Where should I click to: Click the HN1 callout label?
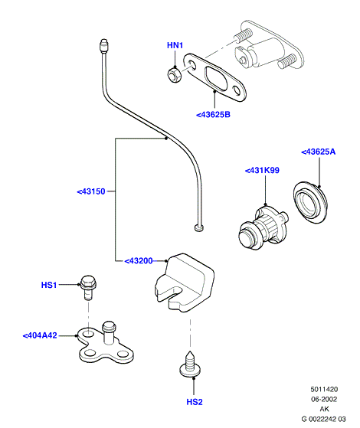(175, 45)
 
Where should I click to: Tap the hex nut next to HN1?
(175, 75)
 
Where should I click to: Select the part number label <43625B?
(214, 115)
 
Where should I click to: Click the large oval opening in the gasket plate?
(216, 78)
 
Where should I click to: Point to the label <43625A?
(318, 152)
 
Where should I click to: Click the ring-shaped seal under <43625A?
(310, 202)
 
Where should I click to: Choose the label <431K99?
(262, 171)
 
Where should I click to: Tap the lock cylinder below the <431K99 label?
(263, 227)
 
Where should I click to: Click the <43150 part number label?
(91, 191)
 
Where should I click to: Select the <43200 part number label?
(139, 261)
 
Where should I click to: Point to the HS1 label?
(49, 285)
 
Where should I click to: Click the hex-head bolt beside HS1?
(88, 287)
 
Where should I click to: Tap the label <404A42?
(40, 335)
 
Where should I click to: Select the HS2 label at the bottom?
(195, 402)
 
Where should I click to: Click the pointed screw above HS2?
(190, 364)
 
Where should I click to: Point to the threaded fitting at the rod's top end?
(103, 46)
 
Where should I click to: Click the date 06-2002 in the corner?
(324, 400)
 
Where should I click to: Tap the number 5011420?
(324, 389)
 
